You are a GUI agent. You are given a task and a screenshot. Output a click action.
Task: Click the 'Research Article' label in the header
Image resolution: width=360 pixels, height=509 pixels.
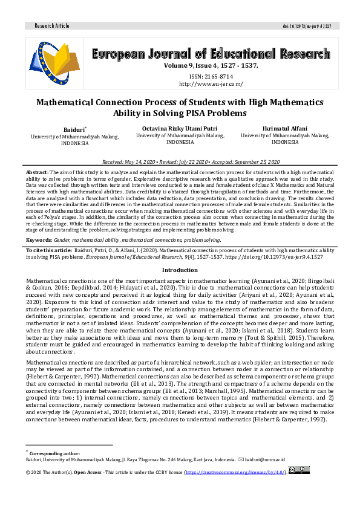(53, 26)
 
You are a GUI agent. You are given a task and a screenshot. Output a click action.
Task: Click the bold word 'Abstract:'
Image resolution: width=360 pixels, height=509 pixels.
(37, 172)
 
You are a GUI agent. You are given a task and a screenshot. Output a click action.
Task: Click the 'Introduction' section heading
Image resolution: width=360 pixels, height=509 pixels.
(180, 270)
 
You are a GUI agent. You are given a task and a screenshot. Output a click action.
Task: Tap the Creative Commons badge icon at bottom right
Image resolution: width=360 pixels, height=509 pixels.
(299, 469)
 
